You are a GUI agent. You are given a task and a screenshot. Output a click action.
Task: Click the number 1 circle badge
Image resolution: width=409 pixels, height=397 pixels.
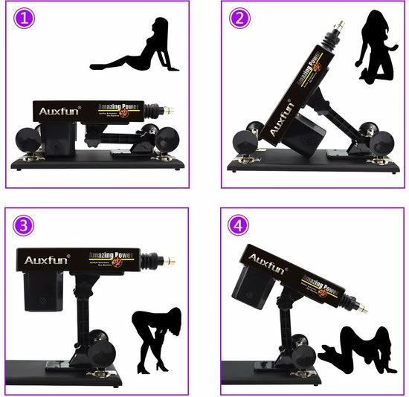point(25,20)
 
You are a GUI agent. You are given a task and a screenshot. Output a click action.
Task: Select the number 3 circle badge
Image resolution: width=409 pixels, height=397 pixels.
point(25,226)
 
